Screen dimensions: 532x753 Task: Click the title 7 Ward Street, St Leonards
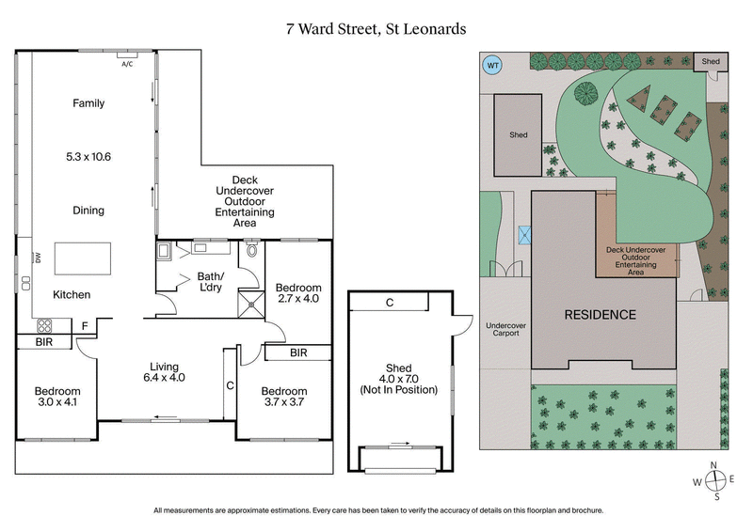[376, 28]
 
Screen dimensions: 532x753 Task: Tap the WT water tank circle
[491, 66]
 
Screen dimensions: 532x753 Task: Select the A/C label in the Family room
[127, 64]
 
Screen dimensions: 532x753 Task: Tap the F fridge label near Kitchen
[84, 325]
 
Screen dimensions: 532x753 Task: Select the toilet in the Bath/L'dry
[250, 251]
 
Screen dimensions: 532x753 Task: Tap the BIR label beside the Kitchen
[43, 343]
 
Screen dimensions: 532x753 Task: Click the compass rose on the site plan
[715, 481]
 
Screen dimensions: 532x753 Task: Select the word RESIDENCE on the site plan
[600, 315]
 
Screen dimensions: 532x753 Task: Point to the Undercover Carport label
[506, 333]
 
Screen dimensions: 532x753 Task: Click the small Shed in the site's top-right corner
[711, 62]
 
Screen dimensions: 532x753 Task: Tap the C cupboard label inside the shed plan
[389, 302]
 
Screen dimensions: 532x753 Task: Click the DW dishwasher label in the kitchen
[39, 258]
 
